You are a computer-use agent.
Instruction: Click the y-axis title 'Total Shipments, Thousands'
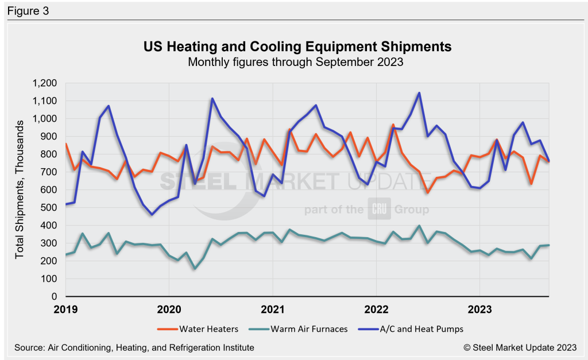[20, 189]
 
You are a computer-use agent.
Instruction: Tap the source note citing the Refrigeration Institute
[132, 347]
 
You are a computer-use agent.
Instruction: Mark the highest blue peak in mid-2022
[419, 93]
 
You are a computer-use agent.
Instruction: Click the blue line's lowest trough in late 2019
[152, 215]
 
